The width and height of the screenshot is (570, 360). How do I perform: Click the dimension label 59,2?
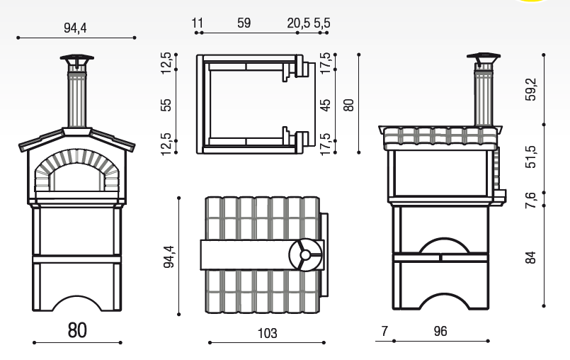point(531,89)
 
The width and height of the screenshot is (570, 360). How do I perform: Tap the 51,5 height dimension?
point(531,157)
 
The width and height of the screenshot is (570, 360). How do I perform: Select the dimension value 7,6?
point(531,200)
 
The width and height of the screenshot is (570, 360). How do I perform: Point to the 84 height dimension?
point(531,257)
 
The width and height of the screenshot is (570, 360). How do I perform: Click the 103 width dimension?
point(267,333)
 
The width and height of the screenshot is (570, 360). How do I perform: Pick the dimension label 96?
point(440,331)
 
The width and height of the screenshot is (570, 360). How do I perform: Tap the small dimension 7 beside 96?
point(384,331)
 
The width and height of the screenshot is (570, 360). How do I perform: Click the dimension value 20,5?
point(298,23)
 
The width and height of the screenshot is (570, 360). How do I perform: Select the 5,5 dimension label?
point(322,23)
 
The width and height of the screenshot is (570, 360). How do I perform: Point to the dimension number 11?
point(198,23)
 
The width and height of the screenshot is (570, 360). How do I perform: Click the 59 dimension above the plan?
point(244,23)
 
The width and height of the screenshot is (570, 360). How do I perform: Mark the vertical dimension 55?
point(166,105)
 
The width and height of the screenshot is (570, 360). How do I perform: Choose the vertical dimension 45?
point(325,105)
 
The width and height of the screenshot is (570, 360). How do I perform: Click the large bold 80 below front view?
point(77,330)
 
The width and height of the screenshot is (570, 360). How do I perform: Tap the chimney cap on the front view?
point(77,58)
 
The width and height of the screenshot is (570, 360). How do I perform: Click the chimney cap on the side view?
point(484,57)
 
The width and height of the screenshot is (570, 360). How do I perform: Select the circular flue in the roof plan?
point(305,255)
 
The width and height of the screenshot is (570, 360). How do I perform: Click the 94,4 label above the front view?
point(75,28)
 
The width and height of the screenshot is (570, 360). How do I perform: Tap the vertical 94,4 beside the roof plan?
point(169,257)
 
